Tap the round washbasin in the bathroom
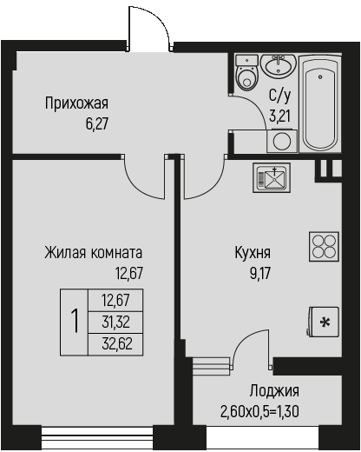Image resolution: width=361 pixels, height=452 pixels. [278, 66]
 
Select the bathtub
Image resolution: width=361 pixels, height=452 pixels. [320, 103]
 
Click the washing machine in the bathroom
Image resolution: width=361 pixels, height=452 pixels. [282, 141]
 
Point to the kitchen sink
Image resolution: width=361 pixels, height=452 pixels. [272, 177]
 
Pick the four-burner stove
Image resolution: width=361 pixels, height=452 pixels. [324, 246]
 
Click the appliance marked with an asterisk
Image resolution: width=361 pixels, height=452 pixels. [323, 322]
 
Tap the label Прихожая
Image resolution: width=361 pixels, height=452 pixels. [76, 103]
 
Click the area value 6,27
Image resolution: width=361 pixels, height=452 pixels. [97, 124]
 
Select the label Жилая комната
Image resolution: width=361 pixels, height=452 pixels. [94, 252]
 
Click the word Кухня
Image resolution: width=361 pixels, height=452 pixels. [253, 252]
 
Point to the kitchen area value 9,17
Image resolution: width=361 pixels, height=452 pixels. [260, 273]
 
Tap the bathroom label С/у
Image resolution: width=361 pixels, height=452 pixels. [279, 96]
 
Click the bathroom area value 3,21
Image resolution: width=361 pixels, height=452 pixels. [279, 116]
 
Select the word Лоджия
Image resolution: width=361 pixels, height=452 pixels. [274, 391]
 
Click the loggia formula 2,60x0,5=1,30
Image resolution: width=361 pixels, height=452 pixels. [259, 411]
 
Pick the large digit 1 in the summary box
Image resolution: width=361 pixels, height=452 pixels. [75, 322]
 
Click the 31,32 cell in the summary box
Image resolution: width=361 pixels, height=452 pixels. [115, 322]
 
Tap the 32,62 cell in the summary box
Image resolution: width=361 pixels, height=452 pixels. [115, 344]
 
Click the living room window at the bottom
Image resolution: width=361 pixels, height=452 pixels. [97, 435]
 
